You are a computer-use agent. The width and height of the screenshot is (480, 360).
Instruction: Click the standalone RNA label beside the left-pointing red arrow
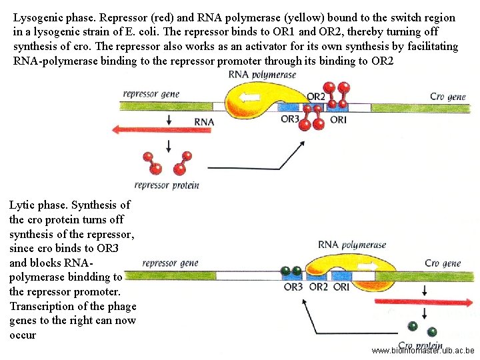coord(204,122)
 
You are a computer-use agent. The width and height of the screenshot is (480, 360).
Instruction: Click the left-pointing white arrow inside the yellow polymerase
coord(251,97)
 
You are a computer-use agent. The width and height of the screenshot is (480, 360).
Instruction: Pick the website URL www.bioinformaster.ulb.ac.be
coord(423,351)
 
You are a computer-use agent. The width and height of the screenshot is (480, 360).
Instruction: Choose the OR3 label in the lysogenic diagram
coord(290,120)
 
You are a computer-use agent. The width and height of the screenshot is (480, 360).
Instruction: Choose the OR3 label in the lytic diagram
coord(293,287)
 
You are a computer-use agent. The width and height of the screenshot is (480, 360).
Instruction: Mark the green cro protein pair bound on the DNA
coord(291,271)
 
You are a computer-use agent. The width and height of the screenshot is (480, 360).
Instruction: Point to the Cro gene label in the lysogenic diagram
coord(447,97)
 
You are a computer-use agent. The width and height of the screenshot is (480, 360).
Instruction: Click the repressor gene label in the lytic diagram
coord(171,263)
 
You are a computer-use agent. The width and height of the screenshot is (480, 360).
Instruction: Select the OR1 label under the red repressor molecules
coord(338,120)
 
